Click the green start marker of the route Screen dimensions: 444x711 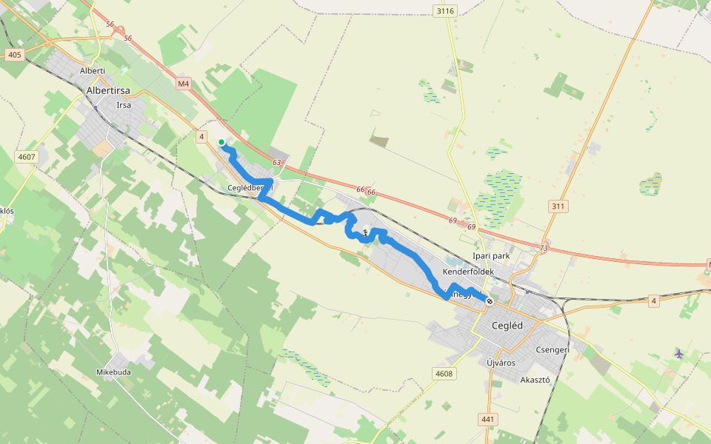(x=221, y=142)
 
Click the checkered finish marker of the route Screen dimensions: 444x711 (x=490, y=300)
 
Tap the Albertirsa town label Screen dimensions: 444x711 (x=109, y=90)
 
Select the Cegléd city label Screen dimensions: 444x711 (x=507, y=326)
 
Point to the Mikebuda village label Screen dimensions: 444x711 (x=113, y=371)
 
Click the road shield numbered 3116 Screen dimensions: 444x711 (x=445, y=10)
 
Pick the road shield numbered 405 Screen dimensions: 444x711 (x=14, y=55)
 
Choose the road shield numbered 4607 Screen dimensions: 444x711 (x=27, y=156)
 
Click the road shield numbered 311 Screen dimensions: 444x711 (x=558, y=206)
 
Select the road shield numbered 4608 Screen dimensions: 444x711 (x=444, y=374)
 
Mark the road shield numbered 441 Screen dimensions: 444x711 (x=487, y=420)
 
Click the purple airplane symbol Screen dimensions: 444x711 (x=679, y=353)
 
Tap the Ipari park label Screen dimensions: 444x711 (x=492, y=257)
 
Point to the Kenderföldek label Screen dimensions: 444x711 (x=467, y=272)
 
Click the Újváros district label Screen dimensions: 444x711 (x=501, y=363)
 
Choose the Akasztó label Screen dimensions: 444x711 (x=535, y=380)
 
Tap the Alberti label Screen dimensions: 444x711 (x=93, y=70)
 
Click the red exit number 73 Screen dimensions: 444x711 (x=545, y=248)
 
